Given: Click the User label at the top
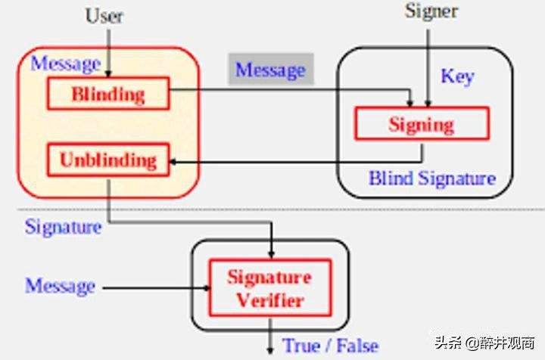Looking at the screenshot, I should (104, 15).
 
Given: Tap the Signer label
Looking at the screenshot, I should (431, 11).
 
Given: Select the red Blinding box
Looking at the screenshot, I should (107, 95).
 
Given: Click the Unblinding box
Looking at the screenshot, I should (107, 160).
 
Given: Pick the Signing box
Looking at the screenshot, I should (421, 124).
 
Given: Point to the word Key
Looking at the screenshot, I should (457, 76).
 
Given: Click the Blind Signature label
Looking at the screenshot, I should (431, 179).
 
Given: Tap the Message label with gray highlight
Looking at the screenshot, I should (270, 70).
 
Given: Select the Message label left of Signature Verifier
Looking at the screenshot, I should (61, 287).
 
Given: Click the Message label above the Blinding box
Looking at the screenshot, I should (65, 64).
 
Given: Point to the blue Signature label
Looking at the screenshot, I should (63, 226).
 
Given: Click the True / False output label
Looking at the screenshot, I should (330, 346).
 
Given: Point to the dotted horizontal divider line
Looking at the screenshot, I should (454, 209).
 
